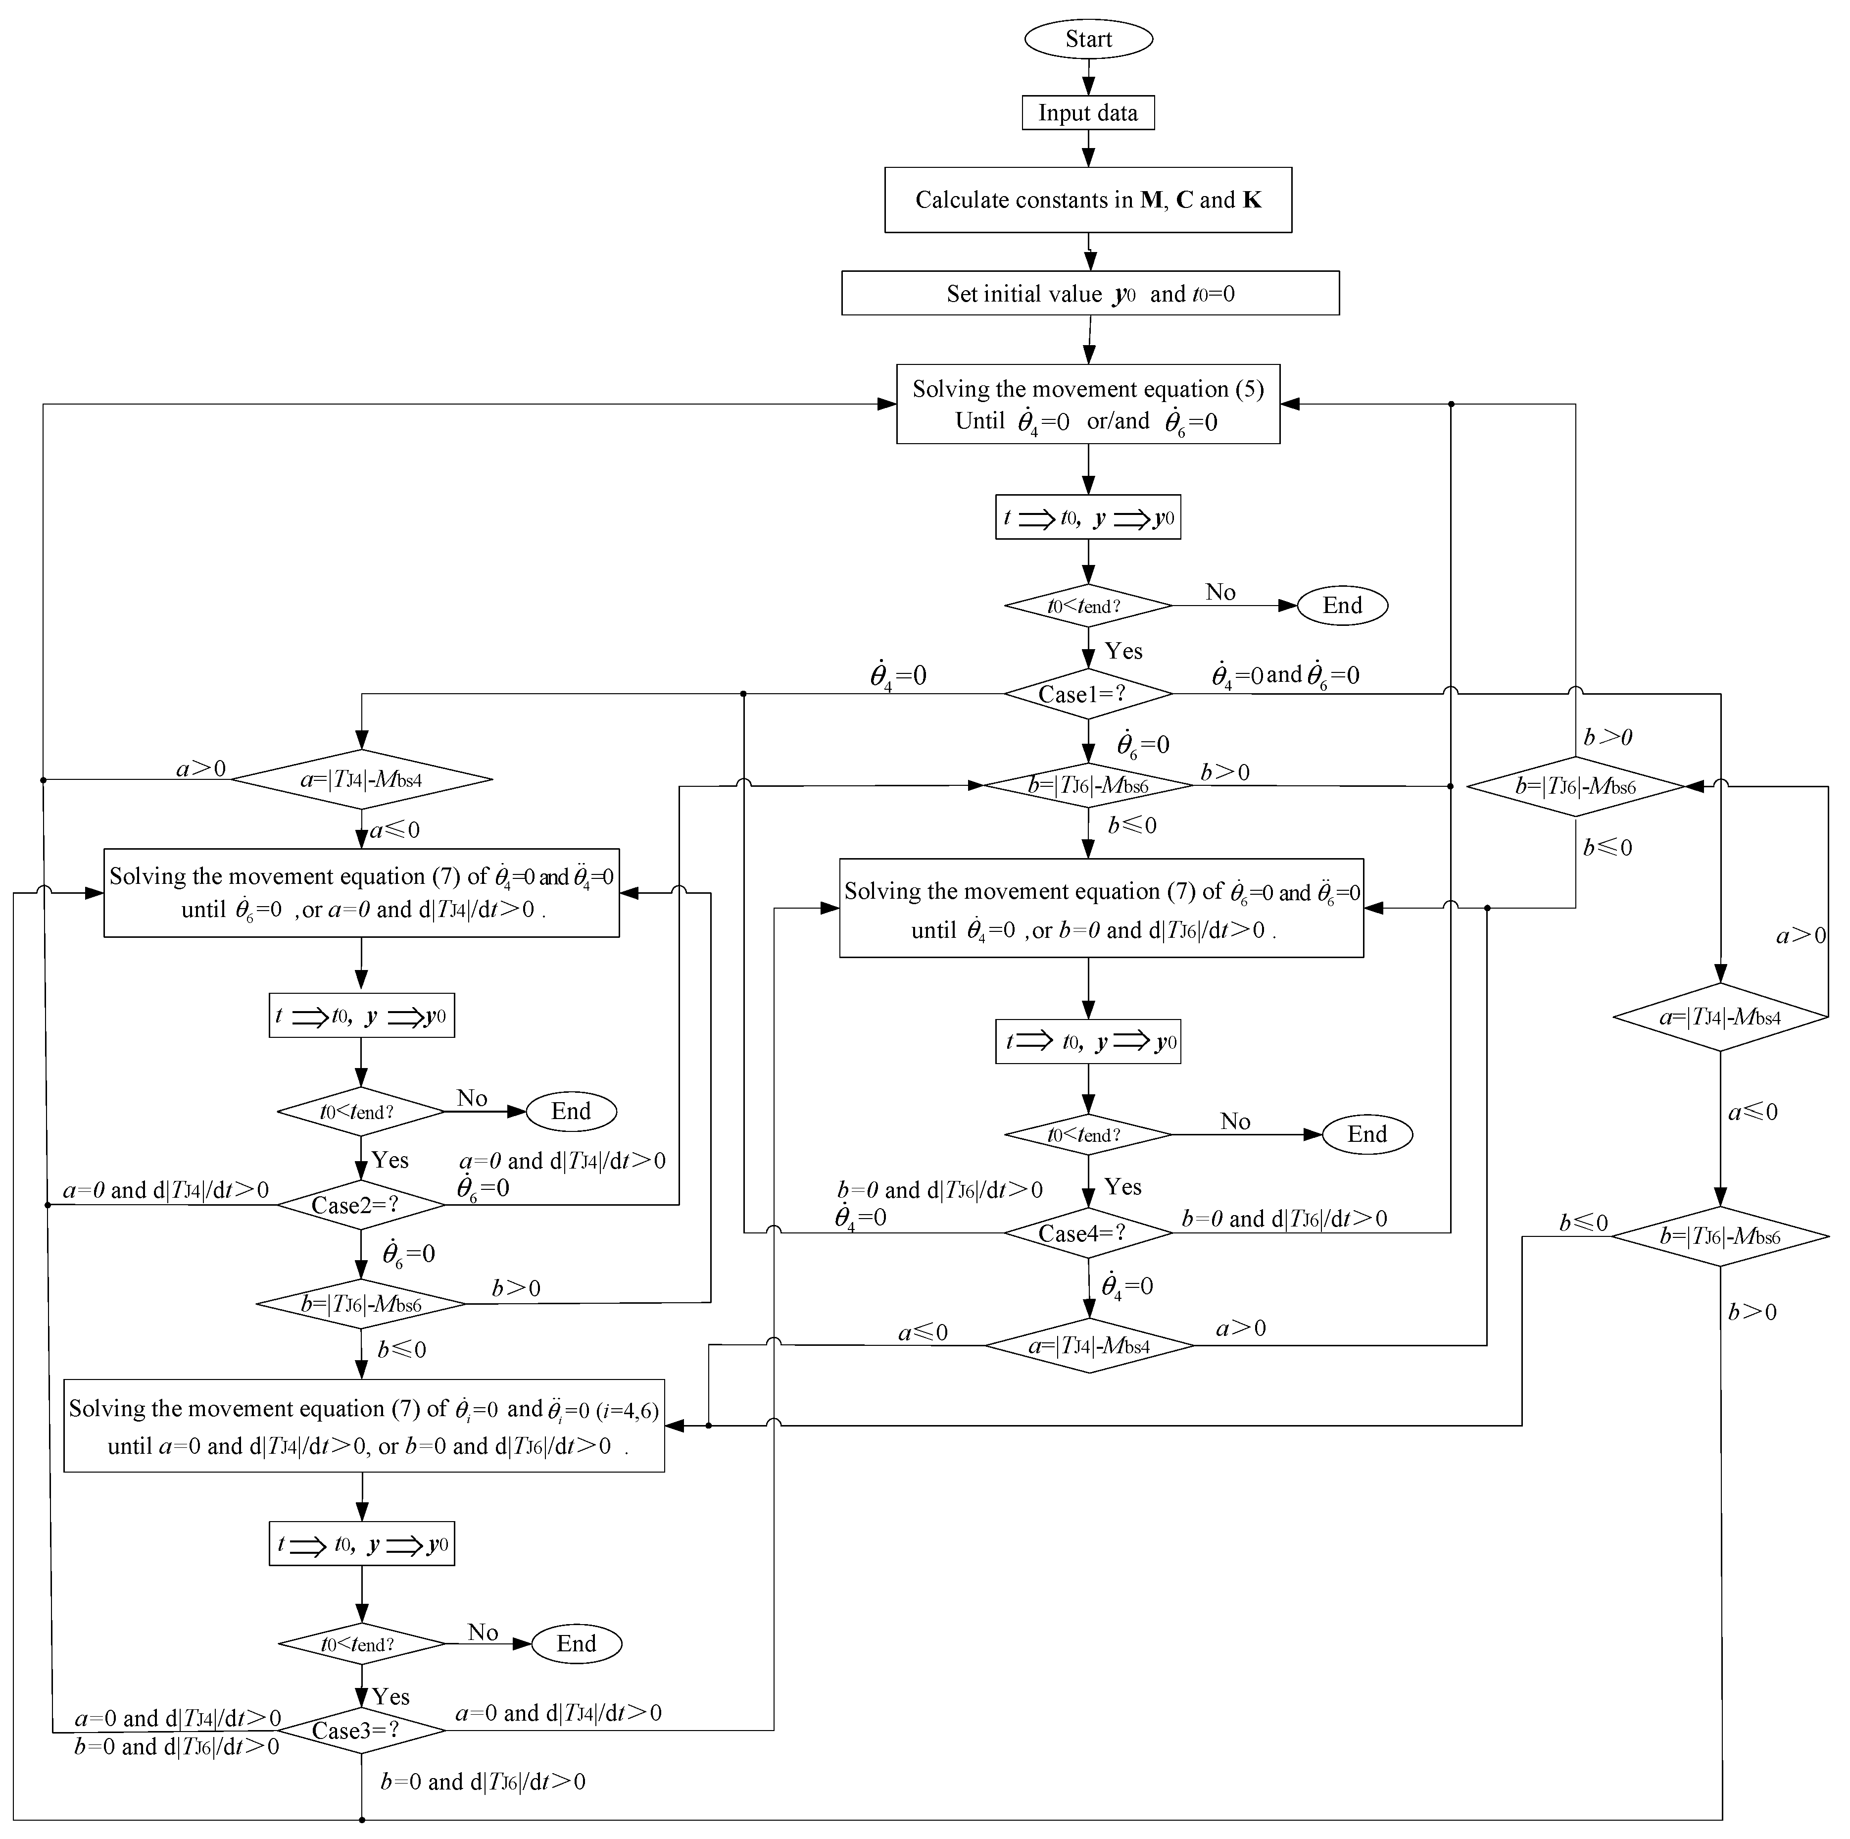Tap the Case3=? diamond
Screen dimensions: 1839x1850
pyautogui.click(x=361, y=1731)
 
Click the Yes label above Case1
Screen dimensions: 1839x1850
pyautogui.click(x=1123, y=651)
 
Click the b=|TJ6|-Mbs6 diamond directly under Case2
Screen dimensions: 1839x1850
pyautogui.click(x=361, y=1304)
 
